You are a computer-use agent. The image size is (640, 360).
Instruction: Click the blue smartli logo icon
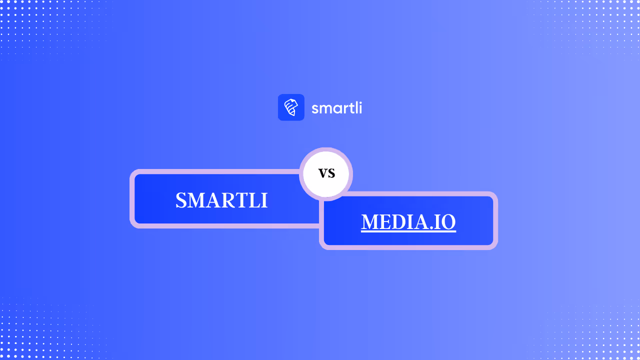pos(291,107)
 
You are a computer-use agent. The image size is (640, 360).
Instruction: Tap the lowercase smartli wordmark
pos(336,108)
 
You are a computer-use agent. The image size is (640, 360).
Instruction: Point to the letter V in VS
pos(322,174)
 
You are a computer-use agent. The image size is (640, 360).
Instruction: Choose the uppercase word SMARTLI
pos(221,200)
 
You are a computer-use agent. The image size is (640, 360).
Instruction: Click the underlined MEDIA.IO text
pos(408,222)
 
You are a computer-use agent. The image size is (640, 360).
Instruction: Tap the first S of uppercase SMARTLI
pos(180,200)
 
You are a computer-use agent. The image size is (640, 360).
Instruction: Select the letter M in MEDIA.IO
pos(370,222)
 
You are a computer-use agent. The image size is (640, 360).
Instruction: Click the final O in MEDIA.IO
pos(448,222)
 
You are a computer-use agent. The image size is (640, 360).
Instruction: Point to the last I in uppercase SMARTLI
pos(264,200)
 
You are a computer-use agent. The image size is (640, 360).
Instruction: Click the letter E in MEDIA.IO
pos(386,222)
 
